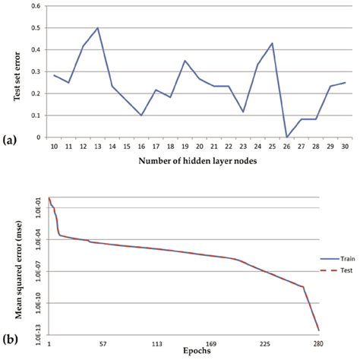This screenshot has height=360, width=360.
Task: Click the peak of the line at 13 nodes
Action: click(98, 28)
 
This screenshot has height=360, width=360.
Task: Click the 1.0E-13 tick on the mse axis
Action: click(39, 332)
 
